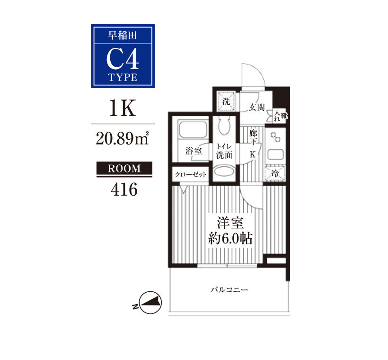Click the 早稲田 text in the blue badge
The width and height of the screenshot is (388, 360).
pos(123,36)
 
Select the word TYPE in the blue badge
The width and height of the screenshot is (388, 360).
pos(123,77)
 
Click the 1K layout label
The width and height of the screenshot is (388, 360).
pos(123,108)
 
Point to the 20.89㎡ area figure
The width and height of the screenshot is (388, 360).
pos(122,138)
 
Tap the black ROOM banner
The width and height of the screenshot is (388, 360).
pos(124,169)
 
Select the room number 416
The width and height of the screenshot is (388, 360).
pos(124,189)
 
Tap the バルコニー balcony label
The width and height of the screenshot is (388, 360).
pos(229,289)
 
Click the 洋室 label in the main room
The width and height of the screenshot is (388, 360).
pos(230,223)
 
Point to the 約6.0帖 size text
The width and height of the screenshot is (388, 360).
pos(230,238)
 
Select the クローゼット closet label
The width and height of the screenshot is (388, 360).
pos(191,175)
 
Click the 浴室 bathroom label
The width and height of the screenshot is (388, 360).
pos(194,151)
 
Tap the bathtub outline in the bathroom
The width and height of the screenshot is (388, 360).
pos(193,130)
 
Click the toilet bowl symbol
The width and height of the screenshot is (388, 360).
pos(224,126)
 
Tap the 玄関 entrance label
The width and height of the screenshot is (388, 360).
pos(256,108)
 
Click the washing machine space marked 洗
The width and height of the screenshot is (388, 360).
pos(226,101)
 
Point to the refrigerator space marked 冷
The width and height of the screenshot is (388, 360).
pos(274,173)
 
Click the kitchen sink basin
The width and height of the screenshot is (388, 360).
pos(275,155)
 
